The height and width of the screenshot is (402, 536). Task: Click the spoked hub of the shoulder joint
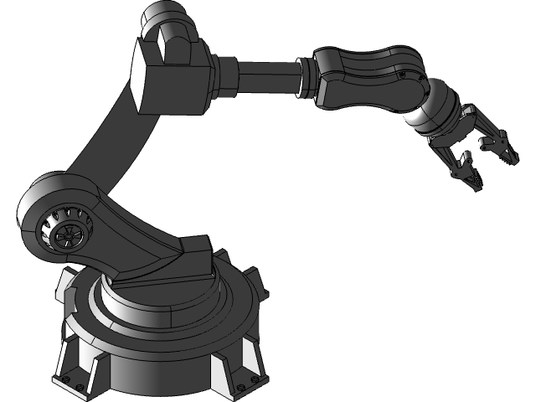point(66,233)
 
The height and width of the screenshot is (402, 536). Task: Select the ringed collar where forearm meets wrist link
point(307,80)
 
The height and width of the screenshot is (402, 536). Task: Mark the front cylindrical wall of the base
point(159,368)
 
